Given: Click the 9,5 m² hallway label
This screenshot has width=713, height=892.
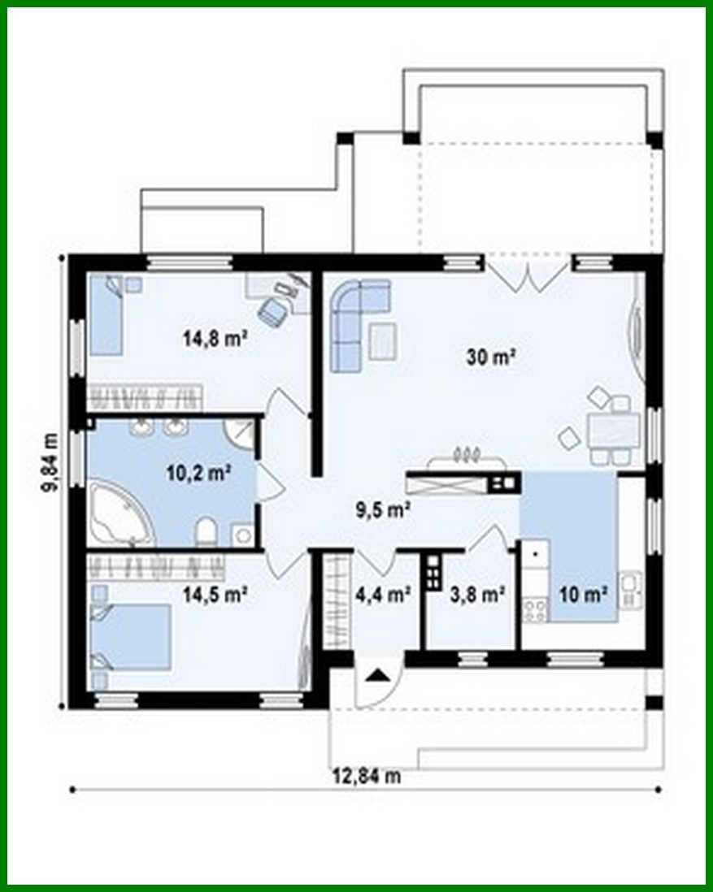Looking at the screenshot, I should [382, 510].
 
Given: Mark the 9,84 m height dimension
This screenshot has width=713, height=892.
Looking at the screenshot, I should [50, 461].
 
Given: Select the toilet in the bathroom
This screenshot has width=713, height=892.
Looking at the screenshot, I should [207, 530].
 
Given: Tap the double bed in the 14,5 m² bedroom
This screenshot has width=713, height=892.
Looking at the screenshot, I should [133, 635].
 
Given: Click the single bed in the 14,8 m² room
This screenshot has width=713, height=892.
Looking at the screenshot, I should [107, 316].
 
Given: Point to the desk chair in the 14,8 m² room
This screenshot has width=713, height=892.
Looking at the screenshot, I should [272, 310].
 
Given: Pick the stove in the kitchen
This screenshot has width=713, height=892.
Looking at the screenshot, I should [536, 608].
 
